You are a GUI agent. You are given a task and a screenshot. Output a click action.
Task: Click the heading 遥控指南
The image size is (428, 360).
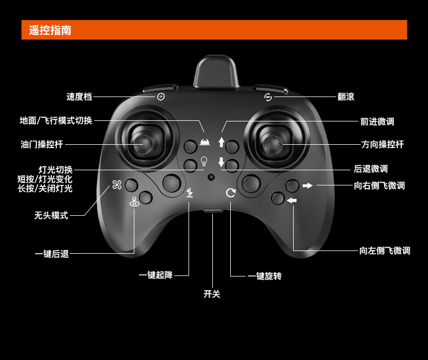(x=50, y=30)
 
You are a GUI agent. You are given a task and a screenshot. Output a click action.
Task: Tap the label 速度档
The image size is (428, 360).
(x=79, y=97)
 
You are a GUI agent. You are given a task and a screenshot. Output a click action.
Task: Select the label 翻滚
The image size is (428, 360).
(x=346, y=97)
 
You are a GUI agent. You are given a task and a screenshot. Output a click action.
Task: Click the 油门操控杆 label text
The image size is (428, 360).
(x=42, y=144)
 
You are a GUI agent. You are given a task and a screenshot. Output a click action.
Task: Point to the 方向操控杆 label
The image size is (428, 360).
(x=382, y=144)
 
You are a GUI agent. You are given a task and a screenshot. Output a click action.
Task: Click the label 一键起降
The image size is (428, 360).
(x=155, y=275)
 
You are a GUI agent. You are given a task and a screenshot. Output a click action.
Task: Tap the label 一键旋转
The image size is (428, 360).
(x=265, y=276)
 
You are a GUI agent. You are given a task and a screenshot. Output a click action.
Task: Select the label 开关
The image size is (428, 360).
(x=212, y=294)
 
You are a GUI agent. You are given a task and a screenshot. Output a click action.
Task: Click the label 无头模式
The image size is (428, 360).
(x=51, y=215)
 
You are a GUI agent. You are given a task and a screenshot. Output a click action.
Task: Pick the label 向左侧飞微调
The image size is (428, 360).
(x=385, y=250)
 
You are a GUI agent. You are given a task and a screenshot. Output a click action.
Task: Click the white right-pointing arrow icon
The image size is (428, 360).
(x=308, y=186)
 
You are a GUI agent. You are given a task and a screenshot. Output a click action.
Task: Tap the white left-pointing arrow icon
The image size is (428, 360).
(x=292, y=201)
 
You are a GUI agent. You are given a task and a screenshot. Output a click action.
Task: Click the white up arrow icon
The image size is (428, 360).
(x=221, y=142)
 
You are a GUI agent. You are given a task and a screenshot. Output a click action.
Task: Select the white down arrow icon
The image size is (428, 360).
(x=221, y=162)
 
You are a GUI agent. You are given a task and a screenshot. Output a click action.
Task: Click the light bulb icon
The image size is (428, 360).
(x=204, y=161)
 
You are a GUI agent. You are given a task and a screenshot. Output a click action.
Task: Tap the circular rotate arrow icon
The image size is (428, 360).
(x=231, y=192)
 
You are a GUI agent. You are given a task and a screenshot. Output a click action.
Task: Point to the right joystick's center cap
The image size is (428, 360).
(x=275, y=145)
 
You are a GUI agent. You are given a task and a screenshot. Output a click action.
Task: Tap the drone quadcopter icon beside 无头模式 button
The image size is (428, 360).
(x=117, y=185)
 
